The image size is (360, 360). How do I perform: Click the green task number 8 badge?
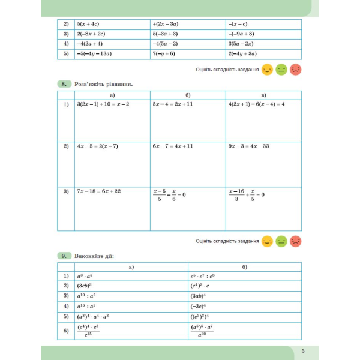(65, 85)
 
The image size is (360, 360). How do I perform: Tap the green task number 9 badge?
(65, 256)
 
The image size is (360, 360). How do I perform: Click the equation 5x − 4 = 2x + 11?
(173, 104)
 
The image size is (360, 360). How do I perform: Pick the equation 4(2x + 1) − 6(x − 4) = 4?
(256, 104)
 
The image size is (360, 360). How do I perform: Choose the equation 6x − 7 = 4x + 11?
(173, 146)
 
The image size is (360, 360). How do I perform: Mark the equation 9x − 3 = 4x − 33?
(248, 146)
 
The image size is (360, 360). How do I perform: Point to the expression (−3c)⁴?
(199, 305)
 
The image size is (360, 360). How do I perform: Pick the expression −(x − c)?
(239, 24)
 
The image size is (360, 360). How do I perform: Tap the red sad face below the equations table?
(296, 241)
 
